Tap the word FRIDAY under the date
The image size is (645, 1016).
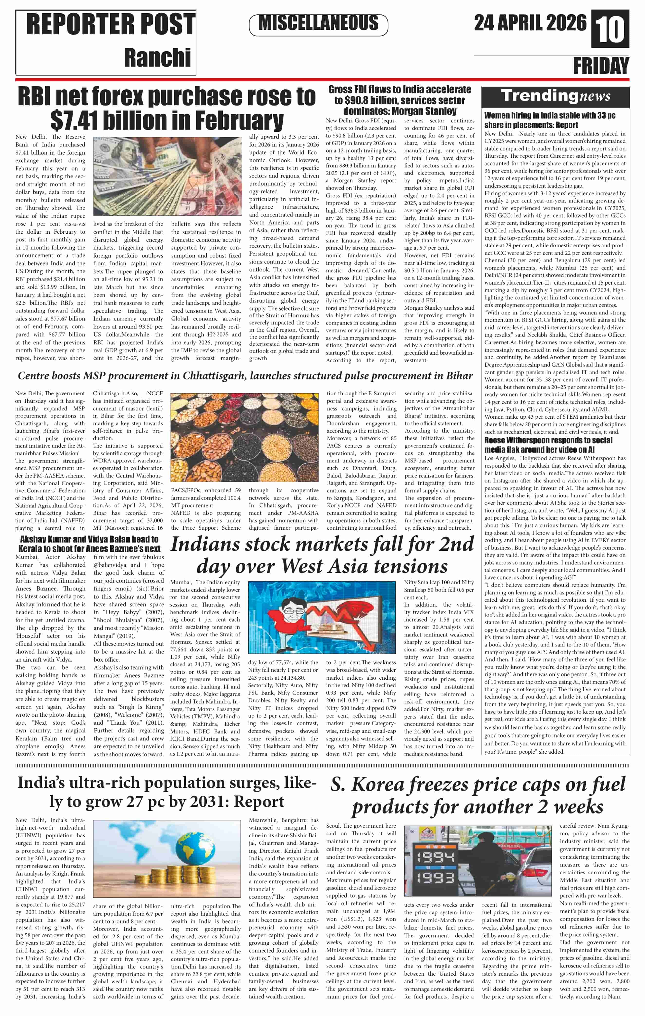tap(601, 66)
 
